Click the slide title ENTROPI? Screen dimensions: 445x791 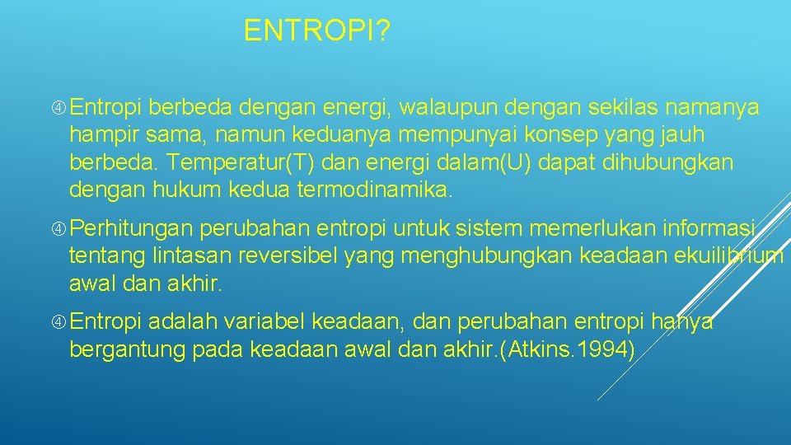tap(317, 32)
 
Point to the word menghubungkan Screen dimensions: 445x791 tap(485, 255)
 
